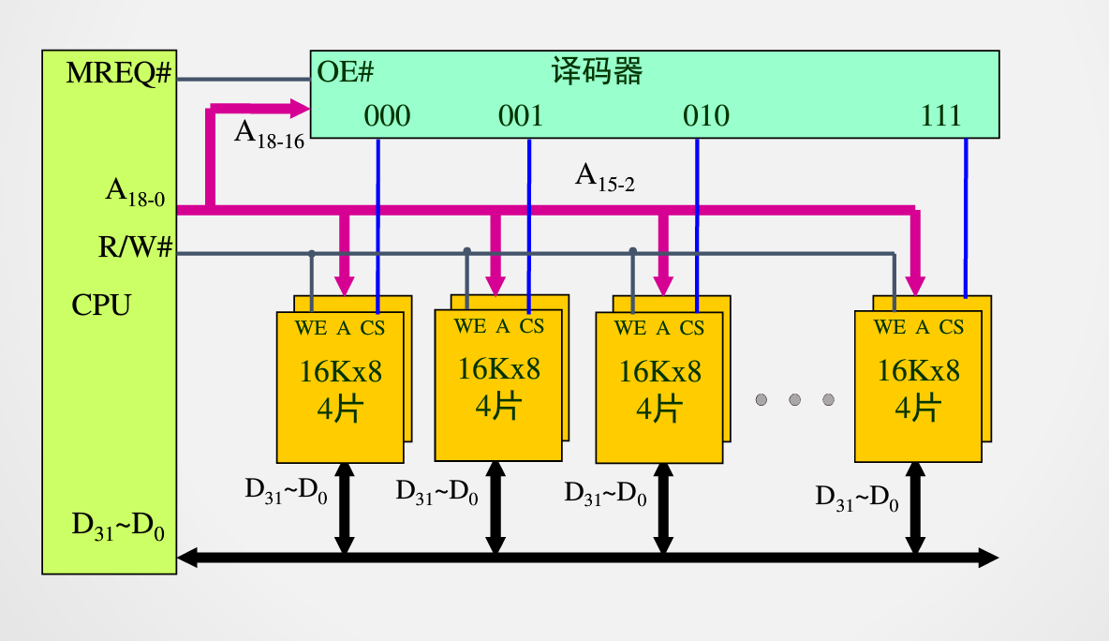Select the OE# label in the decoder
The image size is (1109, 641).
pyautogui.click(x=346, y=71)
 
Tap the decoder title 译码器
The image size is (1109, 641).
pyautogui.click(x=597, y=71)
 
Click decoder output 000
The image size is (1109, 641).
pyautogui.click(x=387, y=116)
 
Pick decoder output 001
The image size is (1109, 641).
pyautogui.click(x=520, y=116)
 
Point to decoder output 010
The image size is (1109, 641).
pyautogui.click(x=705, y=116)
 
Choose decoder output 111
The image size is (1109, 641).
pyautogui.click(x=941, y=116)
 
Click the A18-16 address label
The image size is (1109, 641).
pyautogui.click(x=269, y=132)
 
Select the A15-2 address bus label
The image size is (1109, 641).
pyautogui.click(x=604, y=176)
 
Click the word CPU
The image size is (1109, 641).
pyautogui.click(x=101, y=306)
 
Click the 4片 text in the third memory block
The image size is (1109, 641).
pyautogui.click(x=659, y=409)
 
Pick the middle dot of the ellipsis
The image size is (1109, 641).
pyautogui.click(x=794, y=400)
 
